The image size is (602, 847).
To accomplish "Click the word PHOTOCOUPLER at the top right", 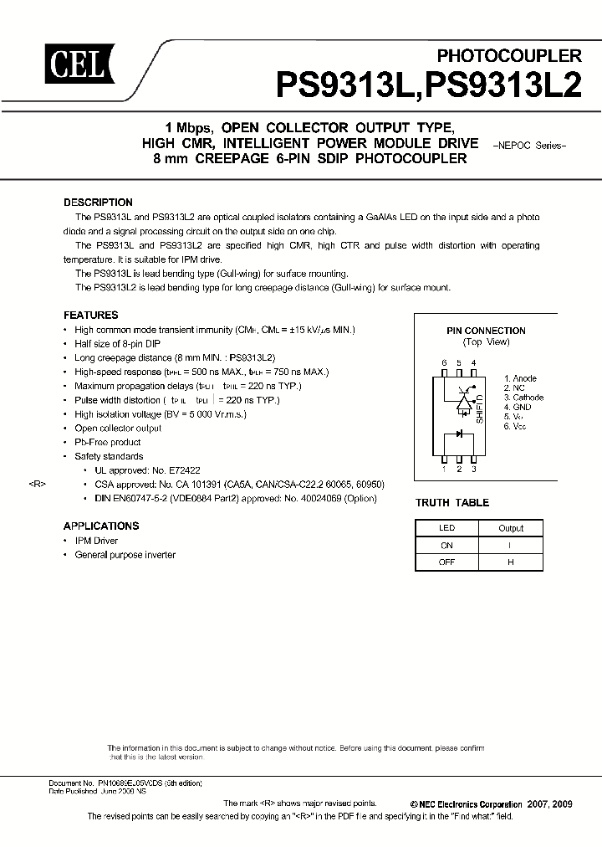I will point(510,56).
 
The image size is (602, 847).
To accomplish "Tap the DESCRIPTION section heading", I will point(98,203).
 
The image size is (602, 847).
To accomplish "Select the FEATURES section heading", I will point(90,316).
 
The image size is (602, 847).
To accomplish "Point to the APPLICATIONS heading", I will point(100,526).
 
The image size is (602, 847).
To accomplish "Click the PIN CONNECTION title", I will point(486,331).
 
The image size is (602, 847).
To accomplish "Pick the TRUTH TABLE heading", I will point(452,503).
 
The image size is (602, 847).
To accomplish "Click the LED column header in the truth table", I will point(446,528).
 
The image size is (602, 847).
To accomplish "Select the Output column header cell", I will point(510,528).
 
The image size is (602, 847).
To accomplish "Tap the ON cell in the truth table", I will point(446,545).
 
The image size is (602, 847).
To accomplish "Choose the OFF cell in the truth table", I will point(446,562).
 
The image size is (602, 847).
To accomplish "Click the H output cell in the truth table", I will point(510,562).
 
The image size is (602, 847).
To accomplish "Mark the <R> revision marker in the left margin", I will point(37,484).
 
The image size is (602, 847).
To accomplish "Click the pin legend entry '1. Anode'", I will point(520,379).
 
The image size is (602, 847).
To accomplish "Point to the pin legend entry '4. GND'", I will point(518,407).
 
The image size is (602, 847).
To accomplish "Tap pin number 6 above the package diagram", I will point(445,362).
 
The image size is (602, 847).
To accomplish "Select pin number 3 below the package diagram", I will point(474,470).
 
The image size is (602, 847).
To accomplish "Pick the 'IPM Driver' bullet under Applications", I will point(96,542).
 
